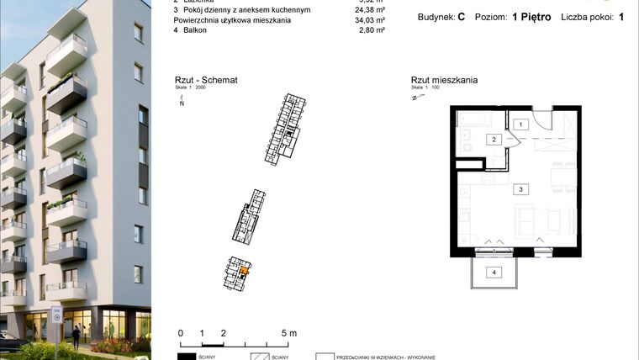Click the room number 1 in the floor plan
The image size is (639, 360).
pyautogui.click(x=520, y=124)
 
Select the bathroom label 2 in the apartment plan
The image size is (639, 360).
pyautogui.click(x=495, y=140)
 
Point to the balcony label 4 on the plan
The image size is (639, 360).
pyautogui.click(x=495, y=272)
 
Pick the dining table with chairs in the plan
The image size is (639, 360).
pyautogui.click(x=559, y=178)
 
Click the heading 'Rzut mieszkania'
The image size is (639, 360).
pyautogui.click(x=444, y=81)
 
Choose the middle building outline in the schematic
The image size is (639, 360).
pyautogui.click(x=251, y=214)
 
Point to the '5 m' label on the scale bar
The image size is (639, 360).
pyautogui.click(x=288, y=334)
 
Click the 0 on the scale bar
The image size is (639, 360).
pyautogui.click(x=181, y=334)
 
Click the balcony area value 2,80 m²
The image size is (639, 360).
pyautogui.click(x=371, y=30)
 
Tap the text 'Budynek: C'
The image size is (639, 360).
pyautogui.click(x=441, y=17)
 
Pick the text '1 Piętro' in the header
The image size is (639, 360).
pyautogui.click(x=531, y=17)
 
